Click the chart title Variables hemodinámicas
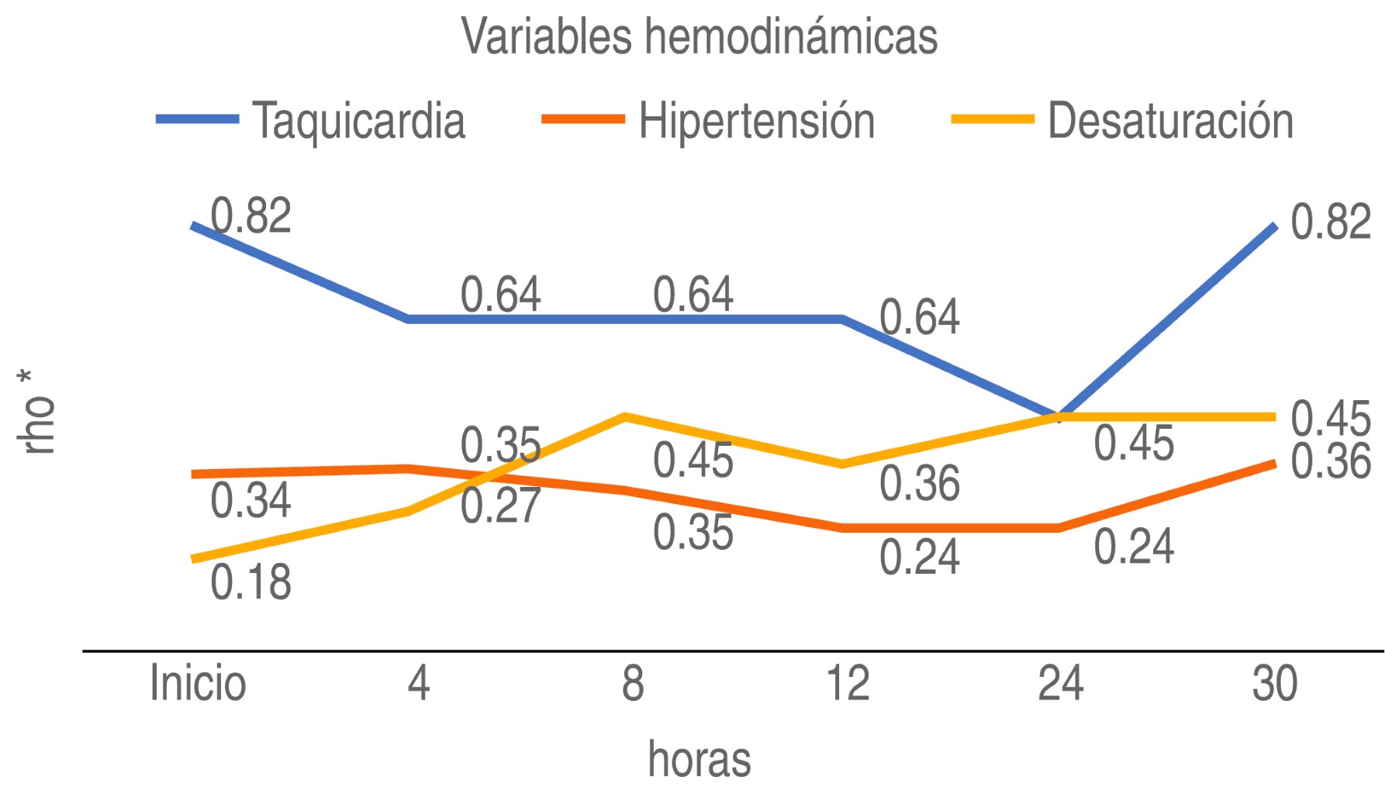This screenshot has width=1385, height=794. click(x=699, y=36)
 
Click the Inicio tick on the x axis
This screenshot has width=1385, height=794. click(x=198, y=683)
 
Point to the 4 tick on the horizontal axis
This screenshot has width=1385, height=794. click(x=419, y=683)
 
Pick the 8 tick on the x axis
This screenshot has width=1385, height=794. click(x=633, y=683)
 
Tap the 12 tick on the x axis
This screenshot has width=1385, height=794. click(x=848, y=683)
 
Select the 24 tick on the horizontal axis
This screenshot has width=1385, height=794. click(x=1060, y=683)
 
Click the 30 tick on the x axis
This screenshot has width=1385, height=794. click(x=1275, y=683)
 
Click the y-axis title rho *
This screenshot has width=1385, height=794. click(x=36, y=412)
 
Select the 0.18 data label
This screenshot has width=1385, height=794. click(x=250, y=582)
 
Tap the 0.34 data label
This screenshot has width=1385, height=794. click(x=250, y=500)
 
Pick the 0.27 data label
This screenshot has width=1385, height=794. click(x=500, y=506)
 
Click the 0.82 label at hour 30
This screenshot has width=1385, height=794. click(x=1331, y=222)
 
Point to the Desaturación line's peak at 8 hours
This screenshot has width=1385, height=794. click(x=625, y=416)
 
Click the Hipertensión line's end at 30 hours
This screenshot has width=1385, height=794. click(x=1275, y=463)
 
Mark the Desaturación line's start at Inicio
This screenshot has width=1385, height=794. click(x=192, y=559)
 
